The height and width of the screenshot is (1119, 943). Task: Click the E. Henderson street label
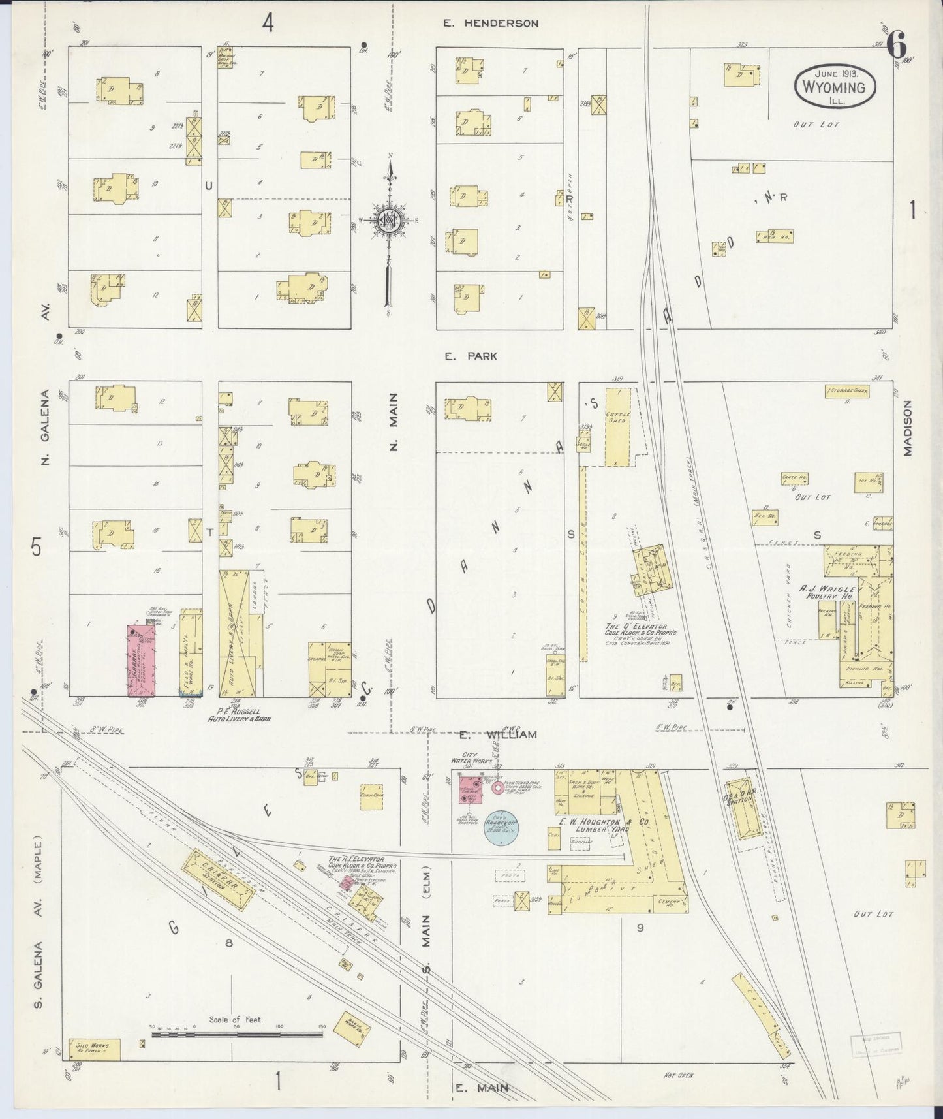(x=491, y=24)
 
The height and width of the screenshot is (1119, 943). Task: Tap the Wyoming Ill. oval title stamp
(x=834, y=87)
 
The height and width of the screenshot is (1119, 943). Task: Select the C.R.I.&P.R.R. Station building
(x=218, y=880)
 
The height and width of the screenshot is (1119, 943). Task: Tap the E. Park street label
(x=471, y=356)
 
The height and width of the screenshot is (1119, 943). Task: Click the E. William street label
(x=497, y=734)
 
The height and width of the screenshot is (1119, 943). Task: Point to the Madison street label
(x=908, y=428)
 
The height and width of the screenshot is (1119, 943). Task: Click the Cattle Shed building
(x=616, y=426)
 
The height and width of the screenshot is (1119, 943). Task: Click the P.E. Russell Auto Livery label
(x=239, y=714)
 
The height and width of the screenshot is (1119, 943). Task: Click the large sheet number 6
(x=897, y=46)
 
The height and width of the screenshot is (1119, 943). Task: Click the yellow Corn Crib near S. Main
(x=371, y=797)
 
